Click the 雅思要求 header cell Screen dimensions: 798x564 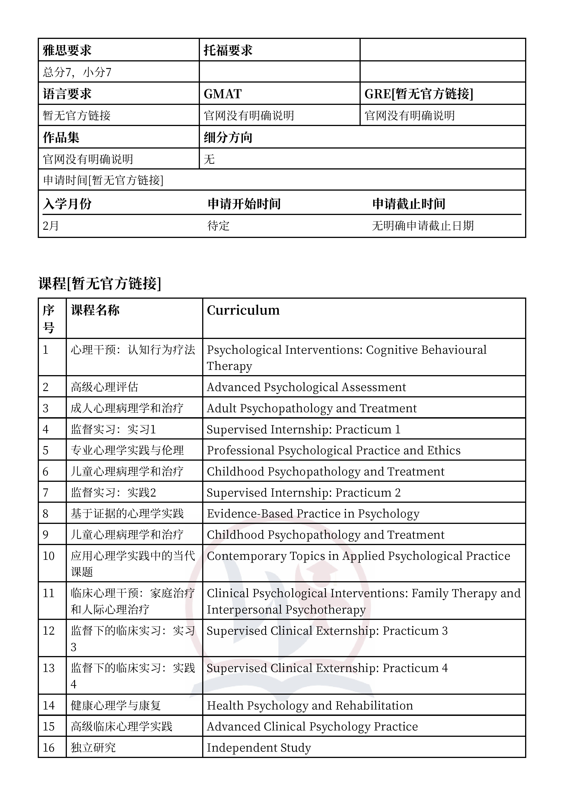[x=67, y=51]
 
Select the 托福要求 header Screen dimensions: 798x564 [x=228, y=51]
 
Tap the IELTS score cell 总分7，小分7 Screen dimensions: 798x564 [x=77, y=72]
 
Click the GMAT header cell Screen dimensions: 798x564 [x=222, y=94]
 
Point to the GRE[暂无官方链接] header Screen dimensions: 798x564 [x=419, y=94]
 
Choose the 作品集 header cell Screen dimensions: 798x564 [x=61, y=138]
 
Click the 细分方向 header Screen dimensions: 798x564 [x=228, y=138]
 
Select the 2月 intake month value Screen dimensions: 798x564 [x=51, y=226]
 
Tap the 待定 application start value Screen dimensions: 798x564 [x=219, y=226]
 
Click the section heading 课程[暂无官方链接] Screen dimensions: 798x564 [x=100, y=284]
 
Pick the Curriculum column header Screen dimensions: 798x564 [x=243, y=310]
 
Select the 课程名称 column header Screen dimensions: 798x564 [x=95, y=310]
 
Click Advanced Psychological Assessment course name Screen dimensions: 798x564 [x=306, y=387]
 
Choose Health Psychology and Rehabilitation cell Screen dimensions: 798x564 [x=310, y=706]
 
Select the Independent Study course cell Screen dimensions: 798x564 [x=259, y=747]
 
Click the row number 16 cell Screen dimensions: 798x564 [x=49, y=747]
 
